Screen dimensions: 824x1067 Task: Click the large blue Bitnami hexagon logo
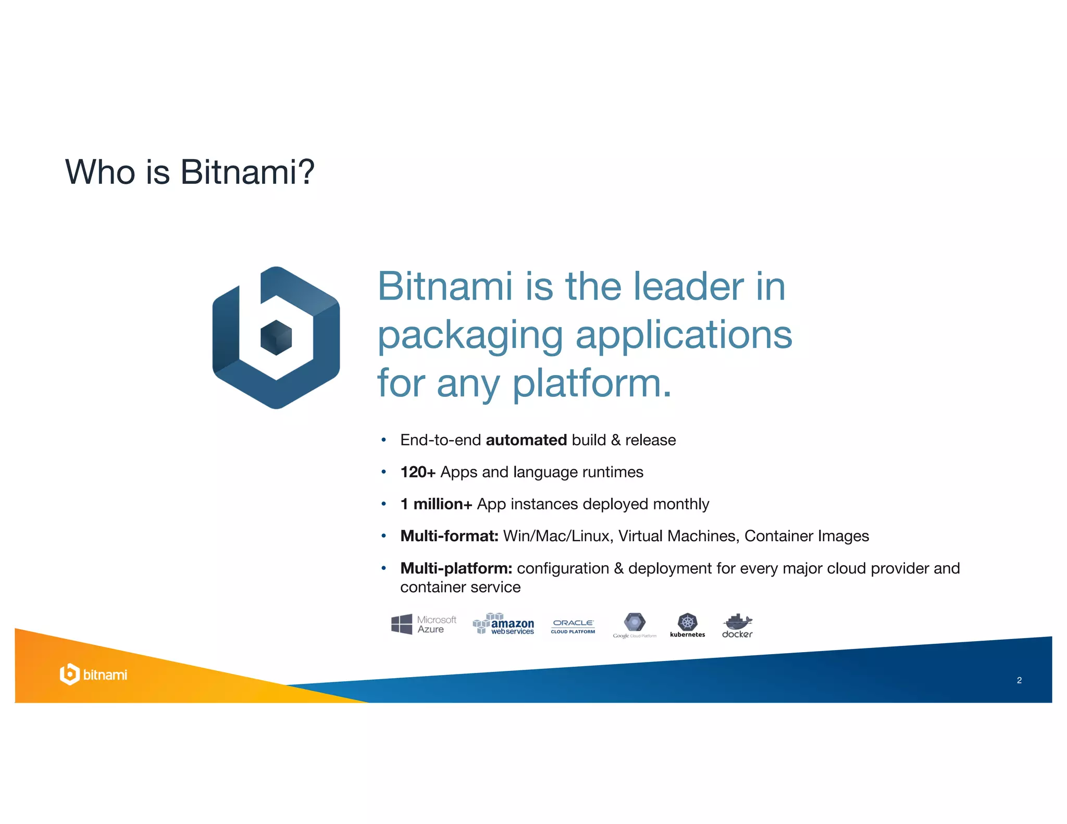coord(276,338)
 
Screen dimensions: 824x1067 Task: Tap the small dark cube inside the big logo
coord(276,338)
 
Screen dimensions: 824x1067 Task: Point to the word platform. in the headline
coord(592,383)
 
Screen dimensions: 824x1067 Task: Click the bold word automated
coord(526,440)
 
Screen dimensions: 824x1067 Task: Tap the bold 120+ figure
coord(417,472)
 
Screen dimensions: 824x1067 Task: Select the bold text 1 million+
coord(436,504)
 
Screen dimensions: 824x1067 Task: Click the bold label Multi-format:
coord(449,536)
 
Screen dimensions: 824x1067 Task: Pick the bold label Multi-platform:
coord(456,568)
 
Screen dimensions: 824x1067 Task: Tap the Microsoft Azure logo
coord(423,624)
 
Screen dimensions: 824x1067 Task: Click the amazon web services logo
coord(503,624)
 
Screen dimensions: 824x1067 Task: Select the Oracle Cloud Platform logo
coord(573,626)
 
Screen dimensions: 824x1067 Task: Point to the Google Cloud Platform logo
coord(635,625)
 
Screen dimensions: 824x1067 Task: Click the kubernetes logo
coord(687,625)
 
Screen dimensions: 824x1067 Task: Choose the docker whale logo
coord(737,625)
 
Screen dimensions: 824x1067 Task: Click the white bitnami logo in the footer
coord(93,675)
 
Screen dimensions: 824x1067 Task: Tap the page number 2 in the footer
coord(1019,680)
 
